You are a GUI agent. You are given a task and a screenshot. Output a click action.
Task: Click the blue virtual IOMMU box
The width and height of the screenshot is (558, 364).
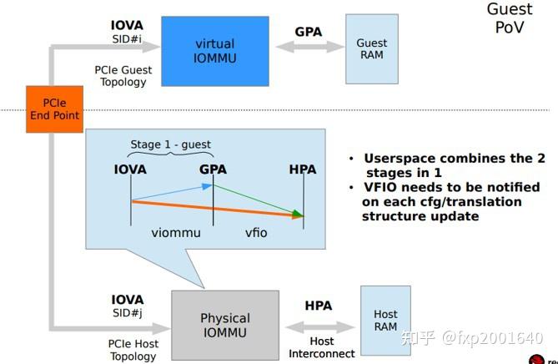(214, 49)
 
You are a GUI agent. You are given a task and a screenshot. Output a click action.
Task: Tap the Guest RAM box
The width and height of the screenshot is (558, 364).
(371, 48)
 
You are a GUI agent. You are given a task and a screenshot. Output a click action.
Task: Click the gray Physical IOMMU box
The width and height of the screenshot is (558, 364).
(224, 325)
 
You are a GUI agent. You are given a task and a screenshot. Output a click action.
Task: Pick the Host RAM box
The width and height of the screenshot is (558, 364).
(385, 320)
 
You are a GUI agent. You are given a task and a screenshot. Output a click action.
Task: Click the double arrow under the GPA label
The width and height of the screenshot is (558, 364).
(308, 48)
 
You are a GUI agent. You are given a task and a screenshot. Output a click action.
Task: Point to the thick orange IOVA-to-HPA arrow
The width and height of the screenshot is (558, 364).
(217, 209)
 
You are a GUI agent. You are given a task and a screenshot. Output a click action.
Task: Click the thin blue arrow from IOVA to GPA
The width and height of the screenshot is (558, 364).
(171, 194)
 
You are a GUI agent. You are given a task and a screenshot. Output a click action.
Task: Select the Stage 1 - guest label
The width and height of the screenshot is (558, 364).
(170, 144)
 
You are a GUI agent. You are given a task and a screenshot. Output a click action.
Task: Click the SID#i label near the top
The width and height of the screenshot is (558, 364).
(127, 39)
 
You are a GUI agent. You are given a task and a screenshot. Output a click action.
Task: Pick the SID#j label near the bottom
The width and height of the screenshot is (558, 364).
(127, 313)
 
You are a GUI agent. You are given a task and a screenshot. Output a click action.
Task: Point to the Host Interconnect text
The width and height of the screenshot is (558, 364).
(322, 346)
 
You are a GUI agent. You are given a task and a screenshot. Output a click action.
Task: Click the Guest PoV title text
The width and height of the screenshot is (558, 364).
(510, 19)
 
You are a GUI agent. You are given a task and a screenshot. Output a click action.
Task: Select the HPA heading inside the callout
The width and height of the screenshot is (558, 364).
(302, 169)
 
